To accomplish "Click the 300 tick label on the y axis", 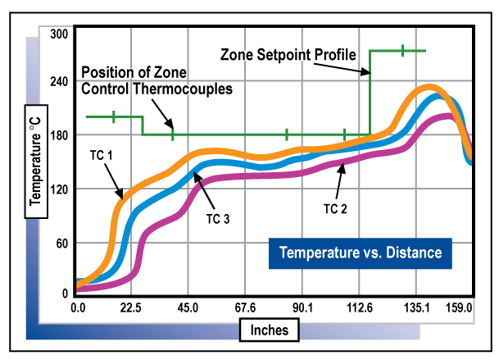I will click(59, 34).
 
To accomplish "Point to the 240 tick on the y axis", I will click(59, 83).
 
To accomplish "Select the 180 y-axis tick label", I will click(59, 135).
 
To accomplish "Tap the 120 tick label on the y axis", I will click(59, 189).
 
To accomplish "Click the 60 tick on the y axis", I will click(61, 243).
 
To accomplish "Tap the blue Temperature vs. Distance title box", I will click(361, 253).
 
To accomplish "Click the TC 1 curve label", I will click(101, 154).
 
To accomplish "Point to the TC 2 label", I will click(335, 209).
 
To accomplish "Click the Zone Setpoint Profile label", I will click(288, 55).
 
